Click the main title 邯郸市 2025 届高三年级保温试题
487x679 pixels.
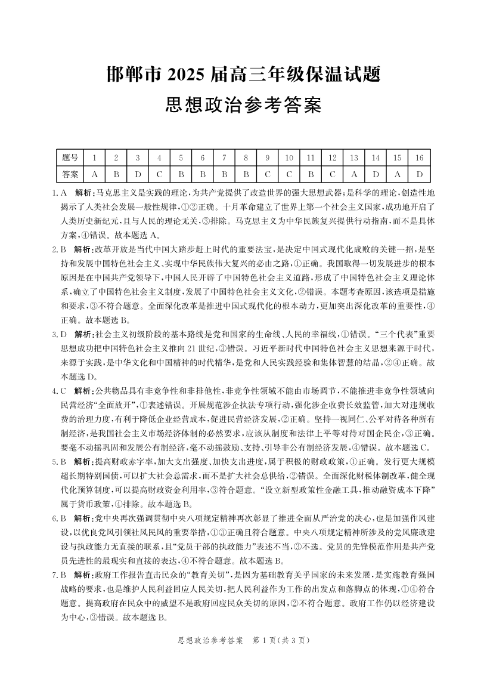pos(243,76)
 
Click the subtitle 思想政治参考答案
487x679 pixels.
pos(243,107)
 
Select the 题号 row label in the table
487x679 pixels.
pos(70,158)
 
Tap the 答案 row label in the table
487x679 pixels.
pos(70,175)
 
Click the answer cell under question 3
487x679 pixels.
pos(138,175)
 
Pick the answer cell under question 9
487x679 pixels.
pos(267,175)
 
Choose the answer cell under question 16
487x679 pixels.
pos(419,175)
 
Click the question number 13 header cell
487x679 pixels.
pos(354,158)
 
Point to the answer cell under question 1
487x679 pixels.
pos(94,175)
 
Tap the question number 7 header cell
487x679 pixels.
pos(224,158)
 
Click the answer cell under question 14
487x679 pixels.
pos(376,175)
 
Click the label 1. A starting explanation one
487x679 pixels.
pos(59,193)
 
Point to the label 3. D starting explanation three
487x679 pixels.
pos(59,333)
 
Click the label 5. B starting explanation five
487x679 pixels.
pos(59,461)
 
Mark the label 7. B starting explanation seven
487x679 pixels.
pos(59,575)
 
